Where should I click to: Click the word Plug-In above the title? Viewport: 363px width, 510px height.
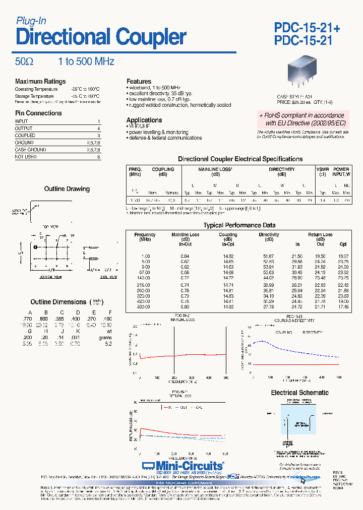pyautogui.click(x=31, y=21)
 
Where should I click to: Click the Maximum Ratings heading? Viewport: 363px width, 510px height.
pyautogui.click(x=40, y=82)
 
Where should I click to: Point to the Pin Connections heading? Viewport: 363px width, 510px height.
pyautogui.click(x=38, y=113)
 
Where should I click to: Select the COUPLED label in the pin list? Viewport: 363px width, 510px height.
pyautogui.click(x=25, y=136)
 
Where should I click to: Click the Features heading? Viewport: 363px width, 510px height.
pyautogui.click(x=139, y=81)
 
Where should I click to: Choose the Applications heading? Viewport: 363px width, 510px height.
pyautogui.click(x=144, y=120)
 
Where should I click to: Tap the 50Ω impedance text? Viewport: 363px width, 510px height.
pyautogui.click(x=24, y=61)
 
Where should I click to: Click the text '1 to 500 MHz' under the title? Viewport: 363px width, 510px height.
pyautogui.click(x=86, y=61)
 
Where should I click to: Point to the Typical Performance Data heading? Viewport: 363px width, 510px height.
pyautogui.click(x=239, y=225)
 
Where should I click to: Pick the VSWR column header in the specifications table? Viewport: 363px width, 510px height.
pyautogui.click(x=322, y=170)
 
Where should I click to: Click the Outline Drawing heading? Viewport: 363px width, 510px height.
pyautogui.click(x=67, y=189)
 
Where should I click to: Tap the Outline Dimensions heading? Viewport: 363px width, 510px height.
pyautogui.click(x=58, y=302)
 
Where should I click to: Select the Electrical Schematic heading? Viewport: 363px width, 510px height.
pyautogui.click(x=299, y=393)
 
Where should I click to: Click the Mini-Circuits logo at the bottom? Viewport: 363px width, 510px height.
pyautogui.click(x=182, y=466)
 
